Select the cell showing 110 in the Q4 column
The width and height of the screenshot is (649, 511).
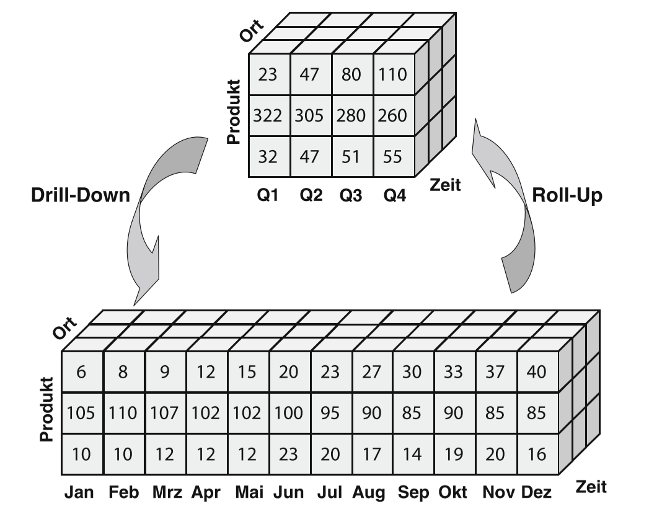click(x=393, y=76)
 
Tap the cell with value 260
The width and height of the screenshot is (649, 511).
click(x=393, y=115)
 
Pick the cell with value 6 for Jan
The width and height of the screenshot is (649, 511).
click(x=82, y=372)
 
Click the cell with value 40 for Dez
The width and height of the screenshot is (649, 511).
click(x=538, y=372)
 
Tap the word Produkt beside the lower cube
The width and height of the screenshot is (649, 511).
click(x=46, y=409)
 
